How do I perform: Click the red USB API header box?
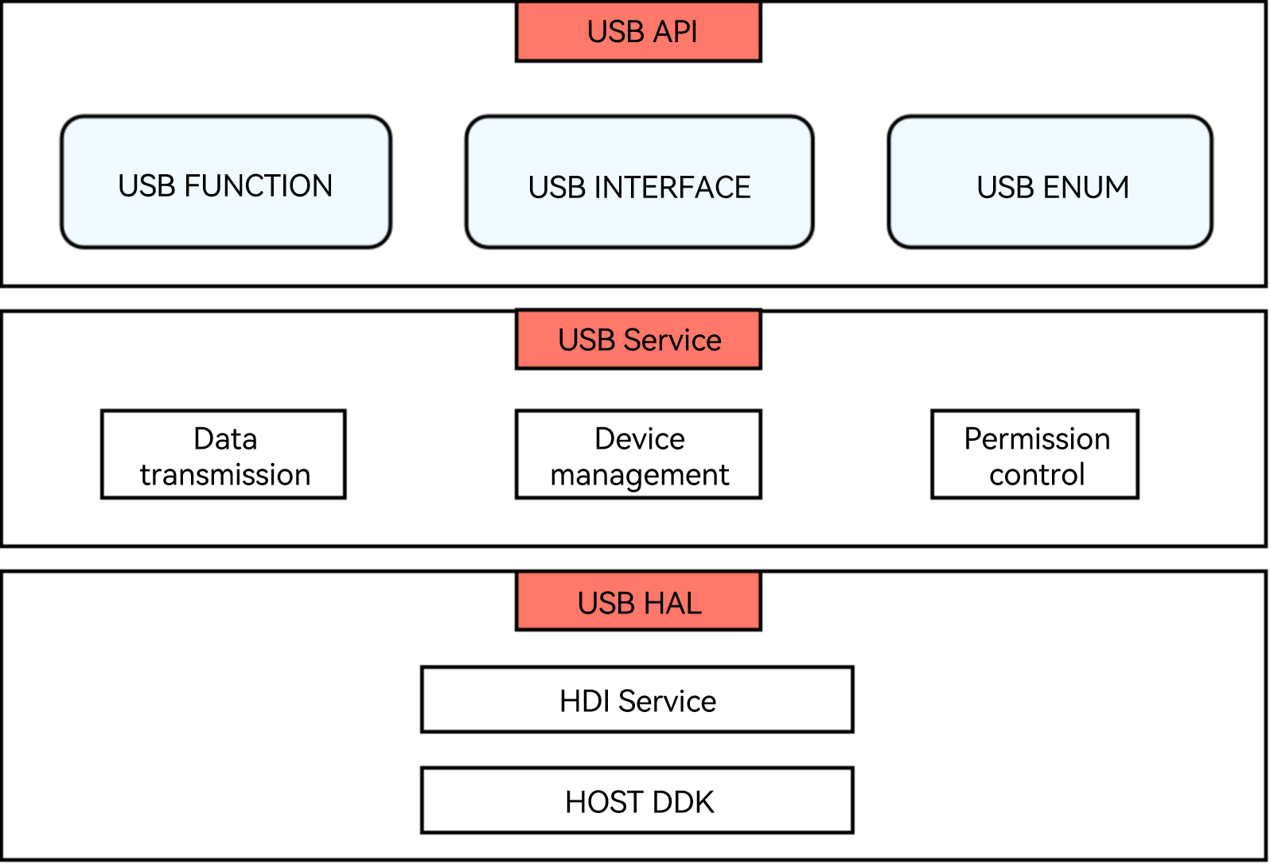tap(638, 31)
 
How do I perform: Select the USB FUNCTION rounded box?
tap(226, 182)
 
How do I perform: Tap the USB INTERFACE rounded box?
tap(640, 182)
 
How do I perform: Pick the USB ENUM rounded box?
tap(1050, 182)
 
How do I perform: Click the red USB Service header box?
tap(638, 339)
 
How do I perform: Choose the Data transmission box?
tap(224, 454)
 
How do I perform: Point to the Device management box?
tap(638, 454)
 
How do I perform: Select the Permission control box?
tap(1035, 454)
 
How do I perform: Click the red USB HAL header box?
tap(638, 601)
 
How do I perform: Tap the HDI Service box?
tap(637, 699)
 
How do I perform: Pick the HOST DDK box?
tap(637, 800)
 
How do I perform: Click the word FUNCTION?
tap(258, 186)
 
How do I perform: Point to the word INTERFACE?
tap(672, 188)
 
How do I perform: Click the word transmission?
tap(225, 474)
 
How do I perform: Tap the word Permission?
tap(1037, 439)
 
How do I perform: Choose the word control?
tap(1037, 474)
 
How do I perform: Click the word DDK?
tap(684, 802)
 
